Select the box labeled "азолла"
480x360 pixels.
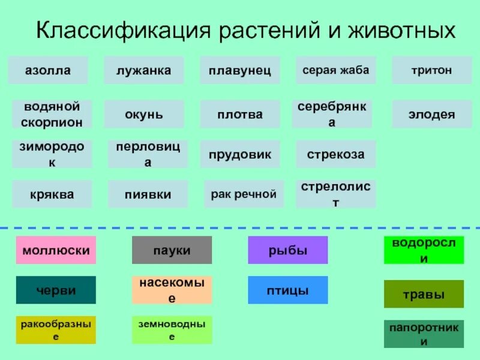[x=48, y=70]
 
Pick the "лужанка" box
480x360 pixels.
[x=144, y=70]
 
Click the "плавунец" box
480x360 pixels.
[x=240, y=70]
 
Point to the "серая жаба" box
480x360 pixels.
[x=336, y=70]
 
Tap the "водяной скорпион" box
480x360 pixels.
[x=52, y=114]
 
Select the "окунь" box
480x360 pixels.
[x=144, y=114]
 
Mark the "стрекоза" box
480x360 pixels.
[x=336, y=154]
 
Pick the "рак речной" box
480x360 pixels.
[x=244, y=194]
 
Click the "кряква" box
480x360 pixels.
[x=52, y=194]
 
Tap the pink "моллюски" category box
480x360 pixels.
[x=56, y=250]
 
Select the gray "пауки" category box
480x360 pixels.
[x=172, y=250]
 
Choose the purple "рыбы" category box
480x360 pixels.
[x=288, y=250]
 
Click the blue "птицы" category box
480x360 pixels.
[x=288, y=290]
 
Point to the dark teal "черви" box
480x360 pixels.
[x=56, y=290]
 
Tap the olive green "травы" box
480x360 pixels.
[x=424, y=294]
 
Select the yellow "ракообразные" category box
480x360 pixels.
[x=56, y=330]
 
